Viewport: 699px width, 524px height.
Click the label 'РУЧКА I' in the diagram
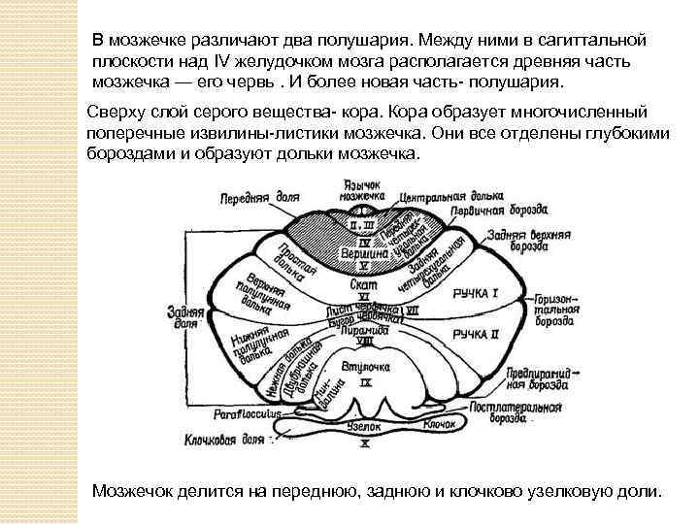click(482, 292)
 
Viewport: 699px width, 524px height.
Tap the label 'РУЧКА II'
click(482, 334)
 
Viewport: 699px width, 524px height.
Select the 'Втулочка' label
click(365, 369)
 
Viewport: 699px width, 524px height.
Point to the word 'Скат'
click(363, 285)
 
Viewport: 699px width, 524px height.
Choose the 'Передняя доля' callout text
click(263, 195)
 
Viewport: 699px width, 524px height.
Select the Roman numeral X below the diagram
click(365, 444)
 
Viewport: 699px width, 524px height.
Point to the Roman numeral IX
click(365, 382)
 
